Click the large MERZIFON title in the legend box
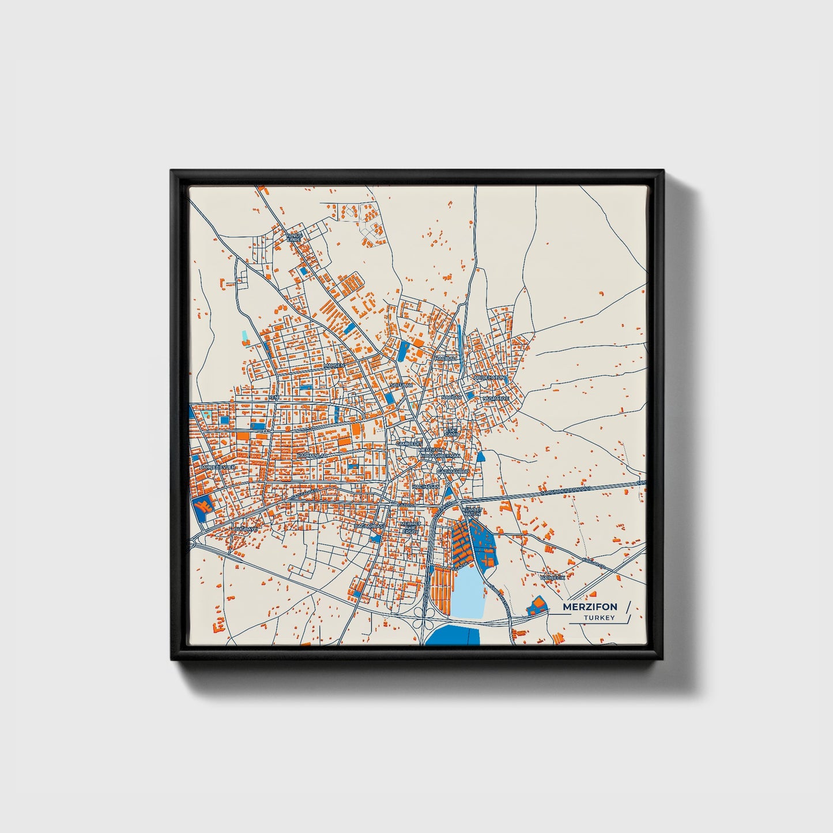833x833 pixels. click(590, 606)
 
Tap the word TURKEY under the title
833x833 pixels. click(599, 618)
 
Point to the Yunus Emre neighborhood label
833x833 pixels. click(294, 238)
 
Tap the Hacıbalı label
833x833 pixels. click(446, 358)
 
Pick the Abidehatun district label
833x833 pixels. click(489, 377)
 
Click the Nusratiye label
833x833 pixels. click(496, 398)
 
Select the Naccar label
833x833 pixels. click(451, 398)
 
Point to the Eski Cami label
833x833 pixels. click(450, 432)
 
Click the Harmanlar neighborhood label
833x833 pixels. click(312, 455)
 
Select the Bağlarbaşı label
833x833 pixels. click(369, 526)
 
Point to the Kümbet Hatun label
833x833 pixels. click(471, 511)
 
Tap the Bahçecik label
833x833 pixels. click(552, 576)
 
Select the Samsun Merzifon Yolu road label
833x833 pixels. click(571, 491)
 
